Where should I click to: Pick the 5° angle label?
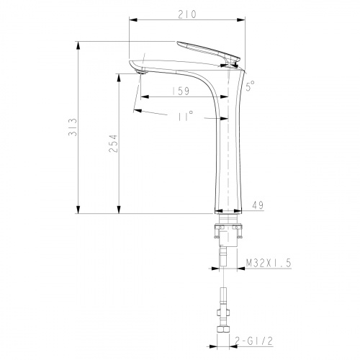point(250,86)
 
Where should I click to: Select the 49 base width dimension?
point(257,205)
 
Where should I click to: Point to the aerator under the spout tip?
point(140,70)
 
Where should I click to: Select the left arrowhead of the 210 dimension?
point(131,21)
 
